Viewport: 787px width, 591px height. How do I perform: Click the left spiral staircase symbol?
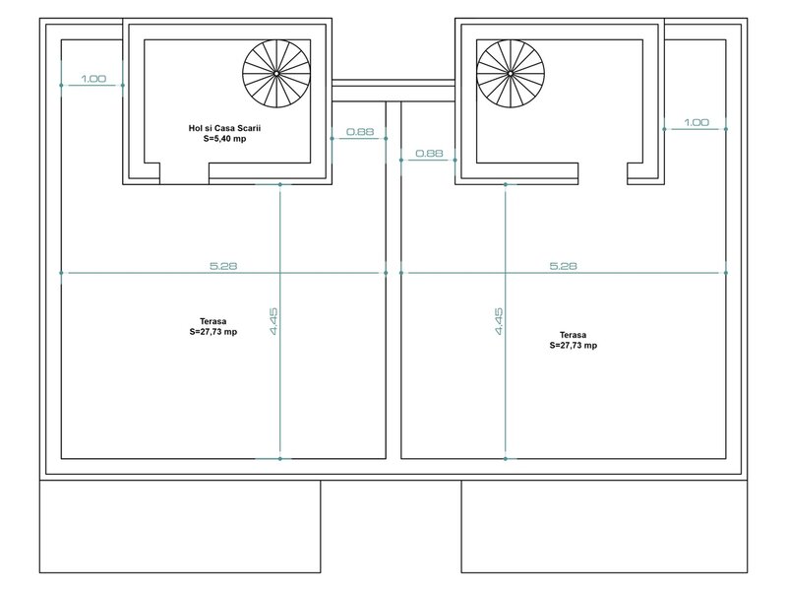pyautogui.click(x=276, y=73)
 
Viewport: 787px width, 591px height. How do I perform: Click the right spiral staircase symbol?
pyautogui.click(x=511, y=73)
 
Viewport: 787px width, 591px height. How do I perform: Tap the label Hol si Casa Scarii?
pyautogui.click(x=224, y=128)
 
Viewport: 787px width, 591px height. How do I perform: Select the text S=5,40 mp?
pyautogui.click(x=224, y=139)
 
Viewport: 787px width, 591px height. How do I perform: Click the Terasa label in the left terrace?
pyautogui.click(x=212, y=321)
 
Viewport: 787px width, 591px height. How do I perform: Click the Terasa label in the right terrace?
pyautogui.click(x=573, y=335)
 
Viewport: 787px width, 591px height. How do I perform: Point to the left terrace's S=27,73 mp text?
pyautogui.click(x=212, y=332)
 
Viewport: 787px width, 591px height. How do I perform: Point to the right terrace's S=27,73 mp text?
pyautogui.click(x=574, y=346)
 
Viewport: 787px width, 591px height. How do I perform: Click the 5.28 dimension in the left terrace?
pyautogui.click(x=223, y=266)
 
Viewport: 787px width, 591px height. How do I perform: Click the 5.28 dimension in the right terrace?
pyautogui.click(x=563, y=266)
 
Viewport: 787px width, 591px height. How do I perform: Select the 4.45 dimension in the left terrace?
pyautogui.click(x=273, y=321)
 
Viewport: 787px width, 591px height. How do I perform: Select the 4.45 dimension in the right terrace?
pyautogui.click(x=499, y=321)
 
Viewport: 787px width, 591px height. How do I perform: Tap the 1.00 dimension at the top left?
pyautogui.click(x=93, y=79)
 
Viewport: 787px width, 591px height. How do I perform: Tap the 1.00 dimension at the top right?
pyautogui.click(x=696, y=122)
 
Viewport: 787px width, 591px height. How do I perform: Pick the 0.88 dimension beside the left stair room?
pyautogui.click(x=360, y=132)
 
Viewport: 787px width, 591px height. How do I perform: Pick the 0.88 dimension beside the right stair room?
pyautogui.click(x=429, y=154)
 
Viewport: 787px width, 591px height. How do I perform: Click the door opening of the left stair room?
pyautogui.click(x=184, y=174)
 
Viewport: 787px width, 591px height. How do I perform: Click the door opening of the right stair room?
pyautogui.click(x=603, y=174)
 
